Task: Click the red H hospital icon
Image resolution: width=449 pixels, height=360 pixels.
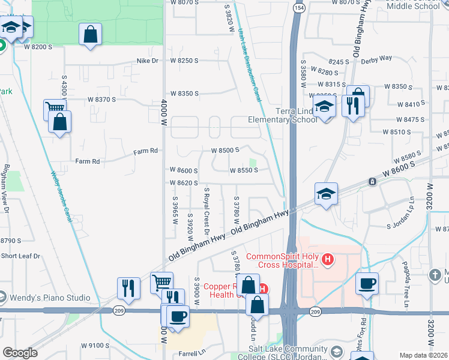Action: click(x=328, y=259)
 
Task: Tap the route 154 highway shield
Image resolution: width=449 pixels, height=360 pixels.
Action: click(x=298, y=6)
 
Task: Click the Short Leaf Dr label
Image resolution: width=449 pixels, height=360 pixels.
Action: click(x=20, y=256)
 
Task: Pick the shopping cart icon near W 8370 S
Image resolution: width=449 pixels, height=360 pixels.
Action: click(x=55, y=109)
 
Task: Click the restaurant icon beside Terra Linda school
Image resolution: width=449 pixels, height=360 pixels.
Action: click(x=351, y=106)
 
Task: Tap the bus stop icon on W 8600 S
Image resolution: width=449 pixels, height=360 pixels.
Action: click(x=373, y=181)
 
